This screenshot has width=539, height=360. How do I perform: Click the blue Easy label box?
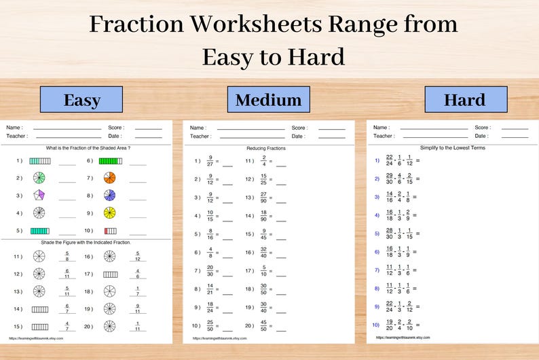coord(81,100)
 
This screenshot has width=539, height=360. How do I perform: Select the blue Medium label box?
coord(268,100)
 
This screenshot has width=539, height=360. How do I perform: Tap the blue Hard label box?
coord(465,99)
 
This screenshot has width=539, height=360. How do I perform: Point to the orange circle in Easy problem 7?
coord(110,178)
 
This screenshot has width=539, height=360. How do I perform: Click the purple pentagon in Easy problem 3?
coord(39,196)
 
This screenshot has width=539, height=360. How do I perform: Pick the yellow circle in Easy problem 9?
coord(110,213)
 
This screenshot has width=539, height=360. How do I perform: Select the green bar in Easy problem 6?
coord(110,161)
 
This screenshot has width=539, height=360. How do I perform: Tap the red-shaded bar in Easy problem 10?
coord(110,231)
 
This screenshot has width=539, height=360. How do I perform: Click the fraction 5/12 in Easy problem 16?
coord(138,256)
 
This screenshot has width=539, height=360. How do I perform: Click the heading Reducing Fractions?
coord(266,147)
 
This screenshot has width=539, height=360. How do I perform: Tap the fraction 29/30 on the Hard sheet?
coord(389,179)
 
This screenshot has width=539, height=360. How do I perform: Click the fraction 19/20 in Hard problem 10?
coord(389,325)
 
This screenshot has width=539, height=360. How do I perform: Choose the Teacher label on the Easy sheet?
coord(18,136)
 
